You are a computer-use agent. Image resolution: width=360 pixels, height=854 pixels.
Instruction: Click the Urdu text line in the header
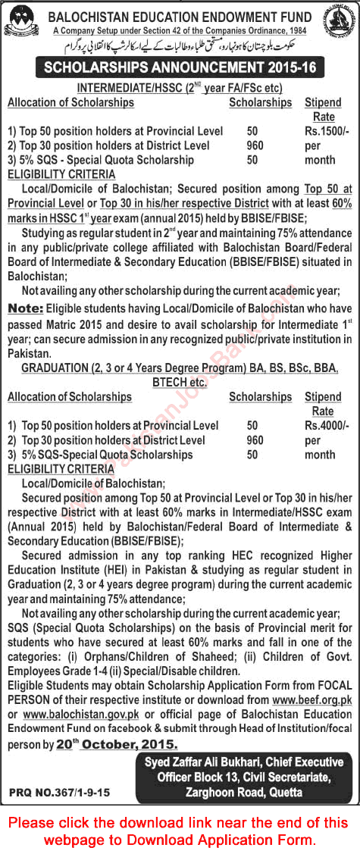(x=182, y=48)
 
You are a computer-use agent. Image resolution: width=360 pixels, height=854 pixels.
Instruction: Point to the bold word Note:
(x=25, y=308)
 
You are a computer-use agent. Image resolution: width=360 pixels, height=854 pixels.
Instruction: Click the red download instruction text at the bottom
(x=180, y=827)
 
